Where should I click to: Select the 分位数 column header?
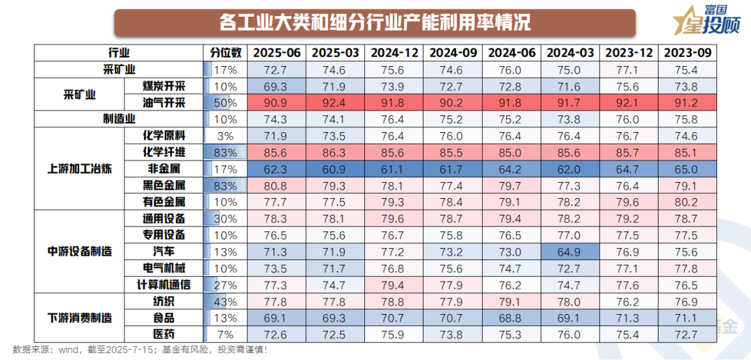pyautogui.click(x=226, y=53)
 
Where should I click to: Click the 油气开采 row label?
pyautogui.click(x=163, y=103)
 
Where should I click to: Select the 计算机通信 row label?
pyautogui.click(x=163, y=284)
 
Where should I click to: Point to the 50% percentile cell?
pyautogui.click(x=226, y=103)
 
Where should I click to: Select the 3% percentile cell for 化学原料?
pyautogui.click(x=226, y=136)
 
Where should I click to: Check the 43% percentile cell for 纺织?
pyautogui.click(x=226, y=301)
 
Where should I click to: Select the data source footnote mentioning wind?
pyautogui.click(x=139, y=350)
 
